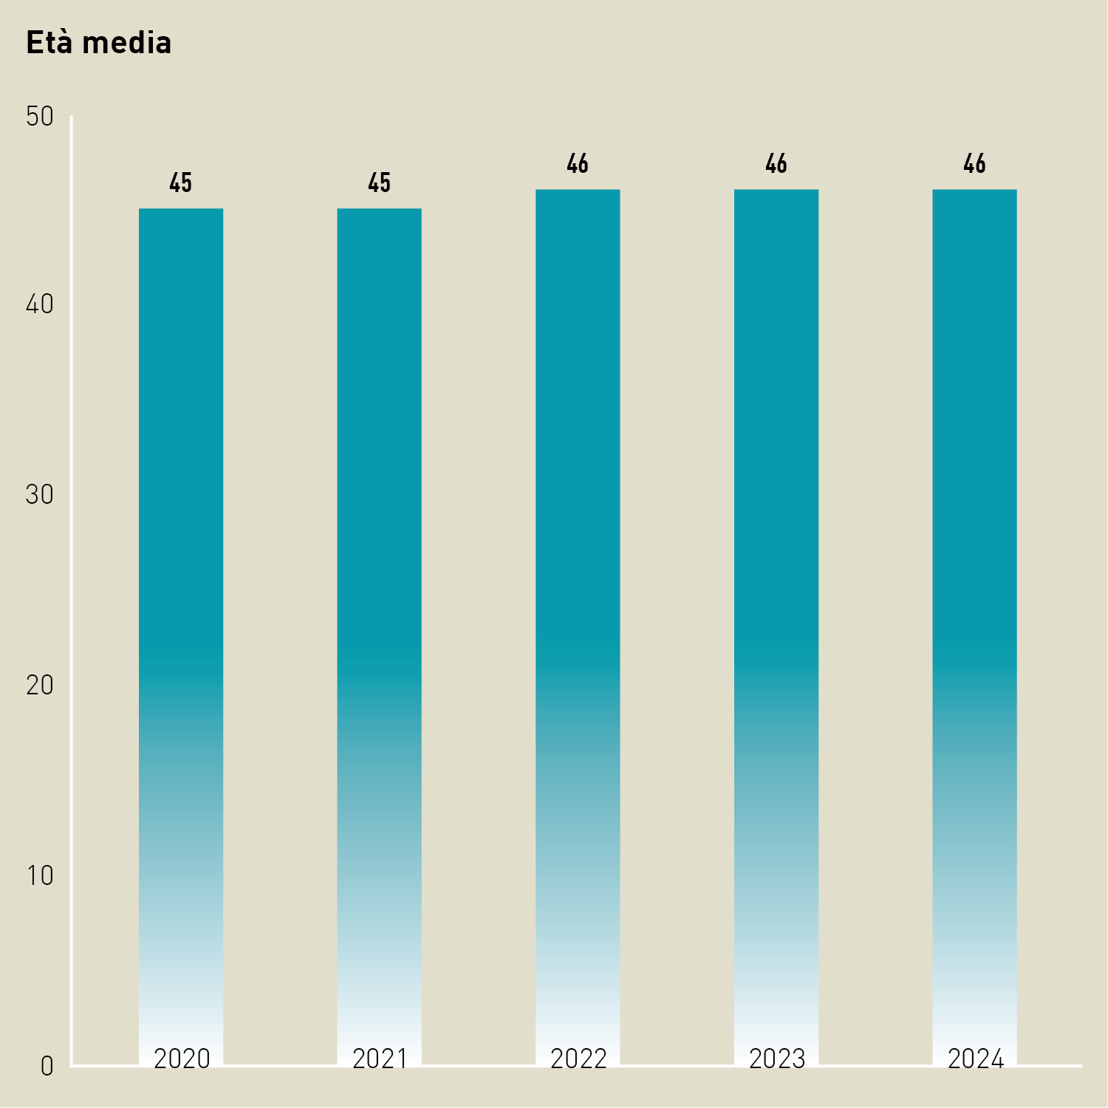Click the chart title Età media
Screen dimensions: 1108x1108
click(x=98, y=43)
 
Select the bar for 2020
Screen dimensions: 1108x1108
click(x=181, y=591)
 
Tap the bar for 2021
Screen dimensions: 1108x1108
click(x=379, y=591)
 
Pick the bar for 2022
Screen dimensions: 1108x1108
click(x=578, y=591)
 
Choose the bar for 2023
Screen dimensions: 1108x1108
click(x=776, y=591)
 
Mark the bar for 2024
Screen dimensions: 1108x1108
click(x=974, y=591)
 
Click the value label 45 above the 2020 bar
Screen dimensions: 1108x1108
click(x=181, y=182)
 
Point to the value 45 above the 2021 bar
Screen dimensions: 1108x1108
click(x=379, y=182)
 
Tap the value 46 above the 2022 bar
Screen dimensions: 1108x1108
click(x=578, y=163)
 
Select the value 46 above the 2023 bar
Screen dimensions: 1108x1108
click(x=776, y=163)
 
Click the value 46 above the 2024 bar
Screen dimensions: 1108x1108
click(x=974, y=163)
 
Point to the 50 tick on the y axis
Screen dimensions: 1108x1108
click(x=40, y=116)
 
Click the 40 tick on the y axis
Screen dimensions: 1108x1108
click(x=40, y=304)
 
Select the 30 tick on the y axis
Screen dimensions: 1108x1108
click(x=40, y=494)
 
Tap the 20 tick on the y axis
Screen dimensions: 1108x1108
click(x=40, y=685)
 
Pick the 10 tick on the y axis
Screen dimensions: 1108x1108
click(x=40, y=875)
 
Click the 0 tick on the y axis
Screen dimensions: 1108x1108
click(x=47, y=1066)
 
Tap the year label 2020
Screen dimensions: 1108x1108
click(x=182, y=1059)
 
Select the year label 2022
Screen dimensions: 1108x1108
click(x=578, y=1059)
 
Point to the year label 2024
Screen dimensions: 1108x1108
click(x=975, y=1059)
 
